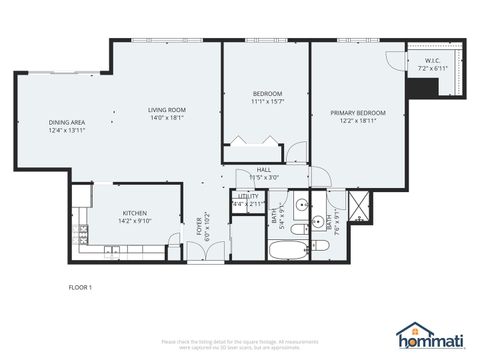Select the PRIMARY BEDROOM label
pos(357,113)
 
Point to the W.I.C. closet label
pos(432,61)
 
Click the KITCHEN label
pos(135,212)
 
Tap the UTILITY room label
pos(247,197)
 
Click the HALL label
pos(264,170)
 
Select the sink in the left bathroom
pos(300,211)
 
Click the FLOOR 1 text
pos(80,288)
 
